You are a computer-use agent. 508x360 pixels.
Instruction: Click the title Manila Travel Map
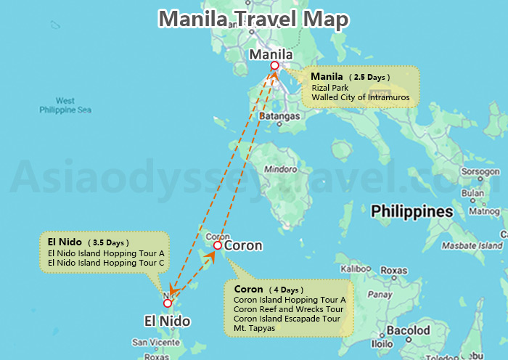[x=253, y=20]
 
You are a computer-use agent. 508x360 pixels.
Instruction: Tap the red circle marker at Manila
[x=274, y=66]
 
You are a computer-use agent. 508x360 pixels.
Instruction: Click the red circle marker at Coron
[x=217, y=246]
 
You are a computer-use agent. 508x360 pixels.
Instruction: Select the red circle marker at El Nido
[x=168, y=303]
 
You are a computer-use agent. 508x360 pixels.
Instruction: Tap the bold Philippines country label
[x=411, y=212]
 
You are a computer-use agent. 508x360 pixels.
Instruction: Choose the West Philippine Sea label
[x=65, y=105]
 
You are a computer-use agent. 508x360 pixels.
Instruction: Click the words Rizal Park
[x=330, y=88]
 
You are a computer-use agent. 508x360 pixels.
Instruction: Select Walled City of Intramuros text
[x=361, y=97]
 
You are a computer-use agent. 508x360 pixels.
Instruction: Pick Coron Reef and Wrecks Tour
[x=289, y=309]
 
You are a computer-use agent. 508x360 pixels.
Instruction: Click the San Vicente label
[x=151, y=342]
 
